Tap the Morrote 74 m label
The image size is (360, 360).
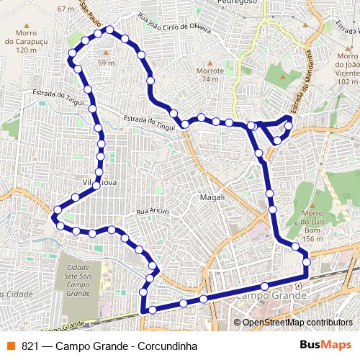(209, 75)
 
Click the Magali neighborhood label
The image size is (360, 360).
(214, 197)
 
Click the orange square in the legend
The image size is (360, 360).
(10, 344)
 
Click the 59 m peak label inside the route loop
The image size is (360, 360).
(107, 63)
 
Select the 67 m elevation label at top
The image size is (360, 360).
(66, 9)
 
